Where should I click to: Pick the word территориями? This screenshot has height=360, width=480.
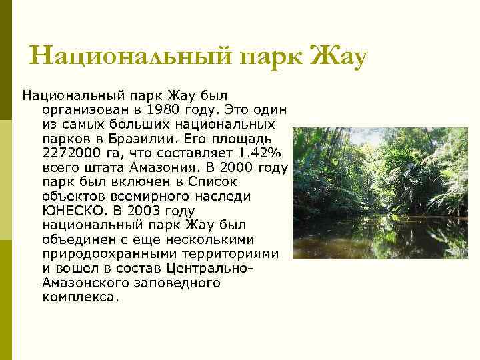pos(233,254)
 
